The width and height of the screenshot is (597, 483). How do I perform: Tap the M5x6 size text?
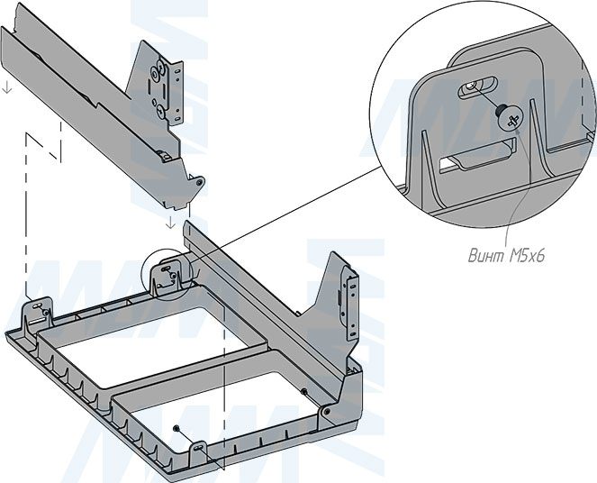coord(526,256)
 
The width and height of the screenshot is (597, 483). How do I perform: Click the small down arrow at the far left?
coord(6,88)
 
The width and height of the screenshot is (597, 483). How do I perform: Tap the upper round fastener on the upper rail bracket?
coord(159,67)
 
